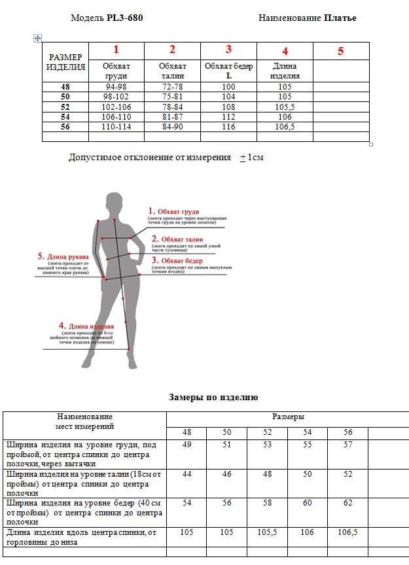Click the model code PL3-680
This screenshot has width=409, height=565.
tap(124, 18)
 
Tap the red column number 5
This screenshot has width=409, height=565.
tap(340, 51)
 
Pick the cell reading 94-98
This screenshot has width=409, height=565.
tap(116, 86)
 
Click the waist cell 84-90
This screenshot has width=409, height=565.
tap(172, 127)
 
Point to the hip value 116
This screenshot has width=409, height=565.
tap(228, 127)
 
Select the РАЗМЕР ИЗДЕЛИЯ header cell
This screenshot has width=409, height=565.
tap(66, 61)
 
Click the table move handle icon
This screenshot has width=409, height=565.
tap(37, 38)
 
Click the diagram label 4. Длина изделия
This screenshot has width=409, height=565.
tap(86, 325)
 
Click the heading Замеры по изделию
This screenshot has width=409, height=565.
tap(213, 397)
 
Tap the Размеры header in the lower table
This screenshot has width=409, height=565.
tap(288, 417)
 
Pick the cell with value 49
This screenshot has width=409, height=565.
tap(187, 445)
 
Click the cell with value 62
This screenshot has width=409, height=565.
tap(347, 503)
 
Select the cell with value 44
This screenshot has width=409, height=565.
tap(187, 474)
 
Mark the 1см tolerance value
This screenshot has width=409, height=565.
tap(256, 158)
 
